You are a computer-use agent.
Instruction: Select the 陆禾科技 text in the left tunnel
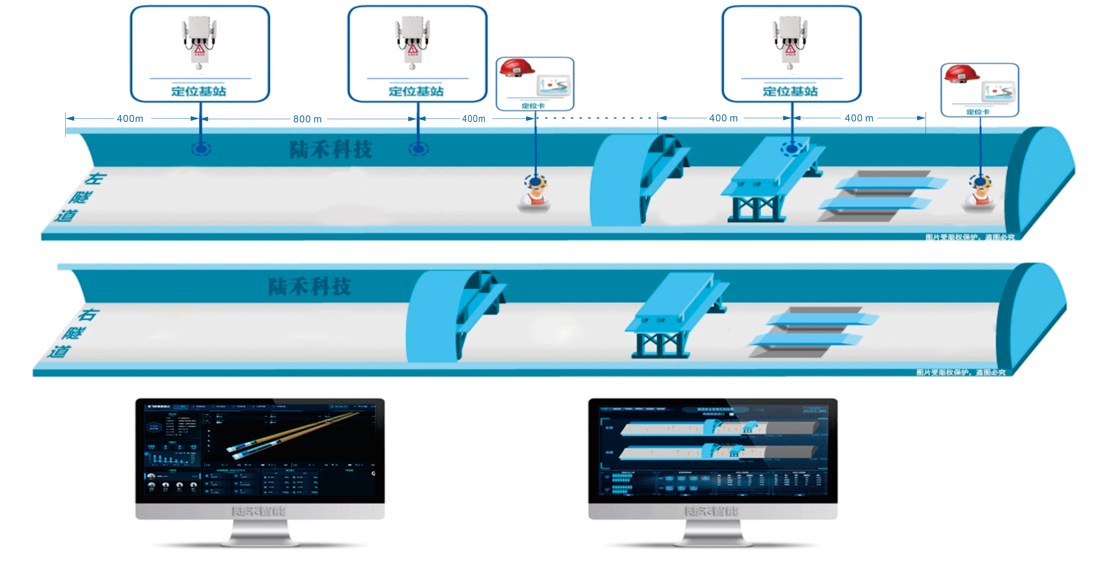click(x=330, y=150)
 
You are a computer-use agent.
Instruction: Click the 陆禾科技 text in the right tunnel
click(x=310, y=286)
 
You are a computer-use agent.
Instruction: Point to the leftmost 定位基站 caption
click(x=199, y=91)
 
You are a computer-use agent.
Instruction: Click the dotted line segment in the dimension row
click(x=596, y=118)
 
